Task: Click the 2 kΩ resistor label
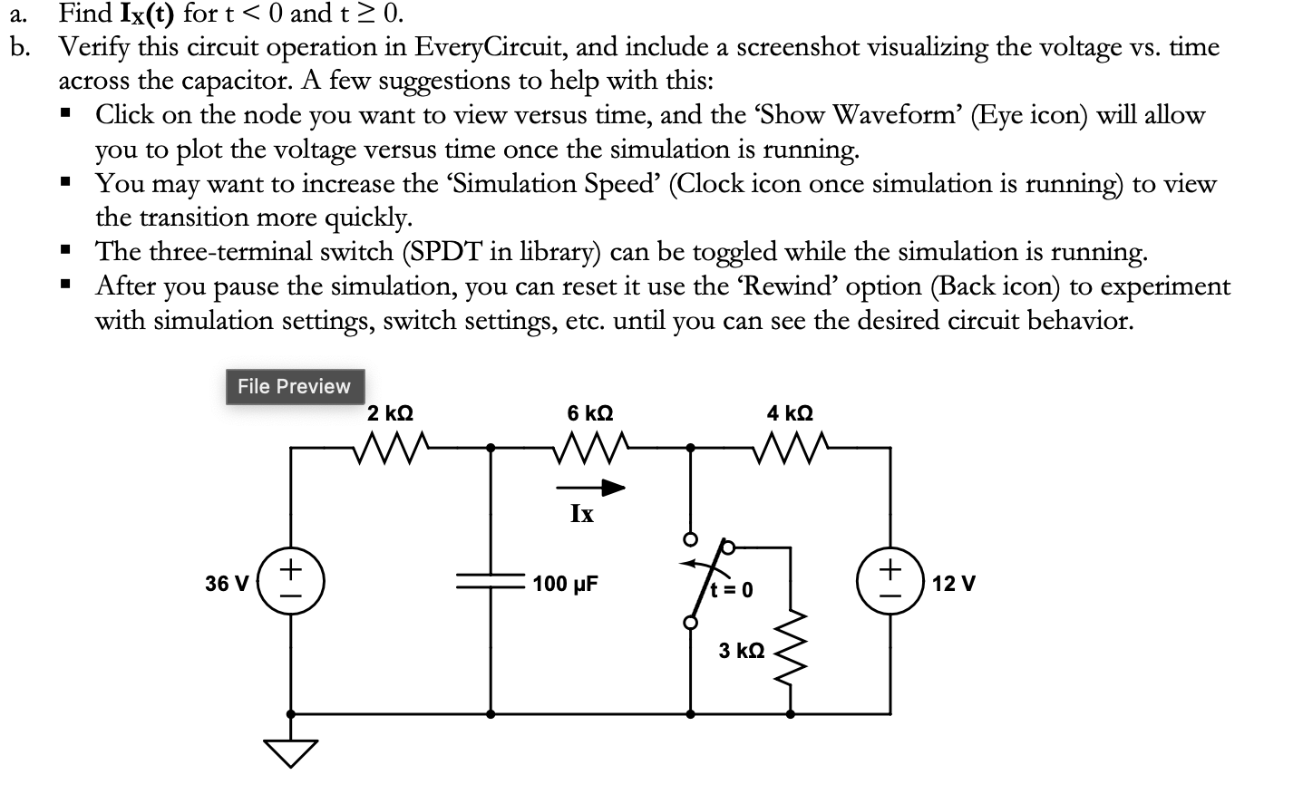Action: point(390,413)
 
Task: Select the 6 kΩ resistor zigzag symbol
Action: point(590,448)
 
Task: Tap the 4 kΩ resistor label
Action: point(790,413)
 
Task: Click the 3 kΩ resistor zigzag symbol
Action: point(791,647)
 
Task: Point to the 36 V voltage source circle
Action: point(290,582)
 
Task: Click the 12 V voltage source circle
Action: point(890,582)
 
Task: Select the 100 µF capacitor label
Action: point(565,584)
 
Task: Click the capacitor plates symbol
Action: point(491,581)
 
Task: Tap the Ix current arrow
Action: point(590,488)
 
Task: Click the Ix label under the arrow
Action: point(582,514)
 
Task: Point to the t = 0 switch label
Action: point(732,590)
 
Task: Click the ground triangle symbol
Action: point(290,753)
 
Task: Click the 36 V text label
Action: point(227,584)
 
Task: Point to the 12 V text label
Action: point(954,584)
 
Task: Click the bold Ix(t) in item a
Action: point(147,14)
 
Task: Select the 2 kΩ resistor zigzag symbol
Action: point(390,448)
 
